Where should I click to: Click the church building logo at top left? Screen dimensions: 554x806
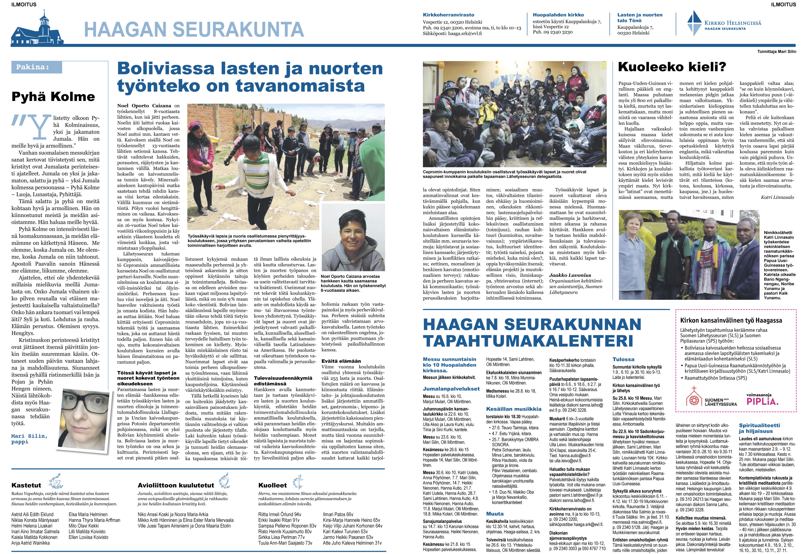(x=38, y=29)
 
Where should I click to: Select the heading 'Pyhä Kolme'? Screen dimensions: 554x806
(x=53, y=96)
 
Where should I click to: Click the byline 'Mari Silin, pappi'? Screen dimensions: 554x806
(x=29, y=439)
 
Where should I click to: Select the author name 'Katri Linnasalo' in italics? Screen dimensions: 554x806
(x=777, y=197)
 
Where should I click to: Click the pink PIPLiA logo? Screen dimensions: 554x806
(x=762, y=401)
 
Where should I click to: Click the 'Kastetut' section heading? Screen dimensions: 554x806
(x=26, y=485)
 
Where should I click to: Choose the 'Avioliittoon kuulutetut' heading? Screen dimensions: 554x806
(x=176, y=485)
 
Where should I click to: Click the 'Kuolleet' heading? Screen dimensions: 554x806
(x=272, y=485)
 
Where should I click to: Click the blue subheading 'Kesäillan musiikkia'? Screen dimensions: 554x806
(x=514, y=409)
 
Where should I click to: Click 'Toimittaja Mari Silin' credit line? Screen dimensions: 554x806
(x=777, y=52)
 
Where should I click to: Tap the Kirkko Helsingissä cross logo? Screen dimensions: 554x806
(x=695, y=23)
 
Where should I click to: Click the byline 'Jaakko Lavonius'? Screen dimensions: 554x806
(x=570, y=275)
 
